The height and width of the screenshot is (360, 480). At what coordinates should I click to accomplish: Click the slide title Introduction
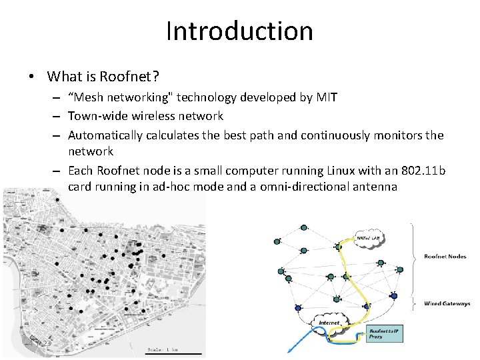[239, 31]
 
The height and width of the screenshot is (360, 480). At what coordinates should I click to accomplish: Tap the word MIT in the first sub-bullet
[327, 97]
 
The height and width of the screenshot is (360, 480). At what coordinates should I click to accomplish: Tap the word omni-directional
[303, 187]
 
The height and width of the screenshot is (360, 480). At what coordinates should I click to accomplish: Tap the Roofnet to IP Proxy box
[385, 333]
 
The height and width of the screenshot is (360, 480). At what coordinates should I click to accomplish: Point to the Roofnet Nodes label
[445, 257]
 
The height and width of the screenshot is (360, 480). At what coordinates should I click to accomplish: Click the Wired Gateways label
[447, 304]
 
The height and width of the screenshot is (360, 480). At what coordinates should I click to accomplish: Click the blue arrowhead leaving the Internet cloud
[289, 350]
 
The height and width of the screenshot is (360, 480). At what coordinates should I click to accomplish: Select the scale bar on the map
[174, 353]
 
